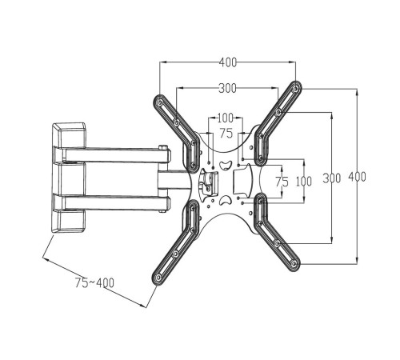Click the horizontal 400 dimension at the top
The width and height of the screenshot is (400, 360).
pos(228,62)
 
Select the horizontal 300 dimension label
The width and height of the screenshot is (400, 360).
pos(228,88)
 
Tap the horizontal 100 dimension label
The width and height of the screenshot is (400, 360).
pos(226,118)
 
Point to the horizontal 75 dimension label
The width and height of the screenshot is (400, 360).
pos(226,133)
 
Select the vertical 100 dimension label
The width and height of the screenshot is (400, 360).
pos(304,182)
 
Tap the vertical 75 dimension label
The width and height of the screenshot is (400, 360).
pos(282,182)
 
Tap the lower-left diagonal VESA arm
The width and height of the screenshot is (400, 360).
pos(176,240)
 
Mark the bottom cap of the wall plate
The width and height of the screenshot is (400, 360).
pos(69,222)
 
